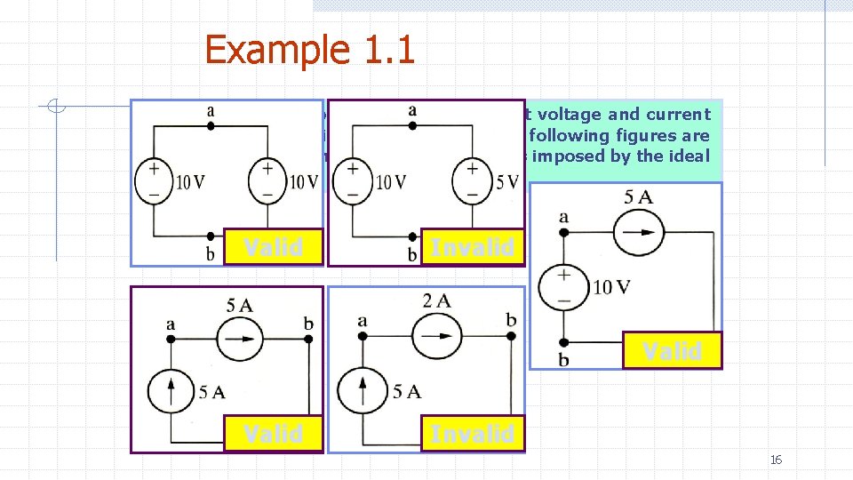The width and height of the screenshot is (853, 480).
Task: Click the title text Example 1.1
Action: (x=309, y=49)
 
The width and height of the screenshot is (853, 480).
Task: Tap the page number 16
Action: (x=776, y=460)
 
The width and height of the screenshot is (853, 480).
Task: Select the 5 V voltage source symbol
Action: (x=471, y=180)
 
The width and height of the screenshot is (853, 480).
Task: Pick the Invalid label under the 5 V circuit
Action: (x=472, y=247)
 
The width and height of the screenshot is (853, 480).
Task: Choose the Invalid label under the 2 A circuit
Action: (x=472, y=434)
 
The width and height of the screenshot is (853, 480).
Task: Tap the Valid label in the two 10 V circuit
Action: (x=273, y=247)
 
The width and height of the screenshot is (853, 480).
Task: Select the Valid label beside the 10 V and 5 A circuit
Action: (x=672, y=351)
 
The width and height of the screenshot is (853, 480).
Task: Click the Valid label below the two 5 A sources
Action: (x=273, y=434)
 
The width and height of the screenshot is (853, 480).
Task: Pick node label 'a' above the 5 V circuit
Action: (x=412, y=110)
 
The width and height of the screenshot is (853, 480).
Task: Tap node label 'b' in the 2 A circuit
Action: (x=511, y=319)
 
